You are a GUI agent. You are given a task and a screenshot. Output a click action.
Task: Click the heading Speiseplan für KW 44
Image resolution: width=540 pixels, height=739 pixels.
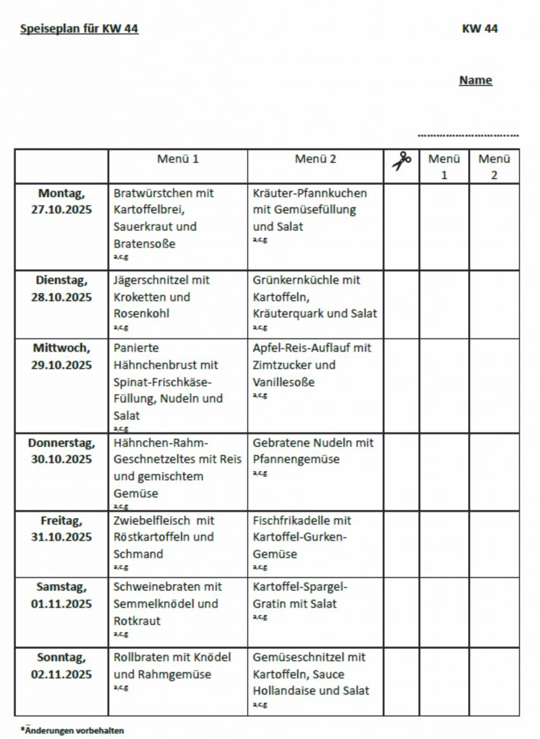click(x=79, y=29)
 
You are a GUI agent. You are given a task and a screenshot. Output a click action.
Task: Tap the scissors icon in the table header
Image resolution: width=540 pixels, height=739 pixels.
click(x=402, y=161)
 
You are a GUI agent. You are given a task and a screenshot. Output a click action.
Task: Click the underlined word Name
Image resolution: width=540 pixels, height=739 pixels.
click(x=475, y=80)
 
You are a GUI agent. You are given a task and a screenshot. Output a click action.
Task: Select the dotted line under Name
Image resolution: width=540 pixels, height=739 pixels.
click(x=468, y=135)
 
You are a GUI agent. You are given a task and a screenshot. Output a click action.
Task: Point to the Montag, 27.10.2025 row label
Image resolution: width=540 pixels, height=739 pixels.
click(x=61, y=201)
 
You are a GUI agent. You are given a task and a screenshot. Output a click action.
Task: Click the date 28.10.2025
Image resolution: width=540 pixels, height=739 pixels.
click(x=61, y=297)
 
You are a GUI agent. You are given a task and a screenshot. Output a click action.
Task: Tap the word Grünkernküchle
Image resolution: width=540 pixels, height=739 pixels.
click(x=296, y=280)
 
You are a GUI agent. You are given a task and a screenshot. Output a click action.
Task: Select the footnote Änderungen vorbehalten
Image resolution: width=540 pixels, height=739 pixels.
click(x=72, y=730)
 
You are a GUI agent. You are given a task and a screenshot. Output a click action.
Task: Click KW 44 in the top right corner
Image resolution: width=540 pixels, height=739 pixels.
click(x=480, y=29)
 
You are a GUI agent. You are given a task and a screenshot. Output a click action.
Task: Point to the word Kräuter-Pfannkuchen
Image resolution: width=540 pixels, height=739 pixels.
click(x=310, y=193)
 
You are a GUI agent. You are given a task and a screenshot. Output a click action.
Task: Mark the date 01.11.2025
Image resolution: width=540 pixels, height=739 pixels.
click(x=61, y=604)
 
